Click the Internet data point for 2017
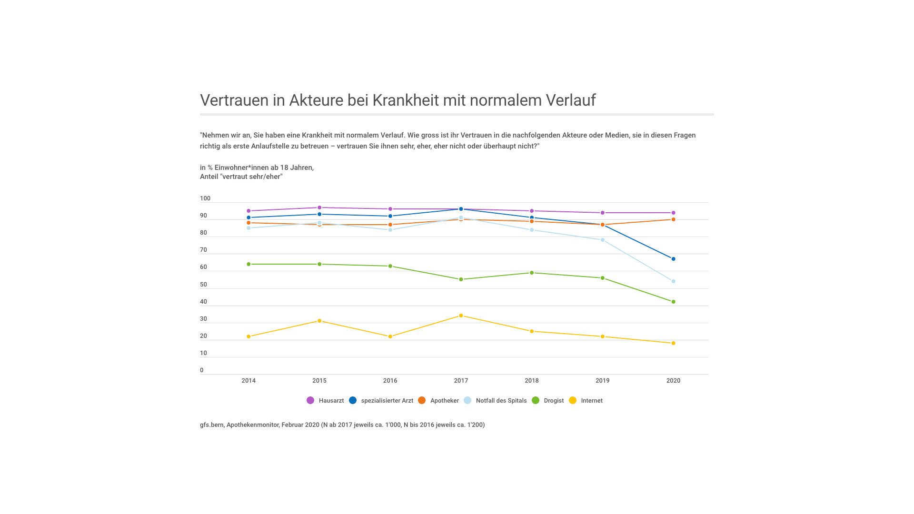pyautogui.click(x=461, y=316)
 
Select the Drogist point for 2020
pyautogui.click(x=673, y=302)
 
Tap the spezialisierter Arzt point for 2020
pyautogui.click(x=673, y=259)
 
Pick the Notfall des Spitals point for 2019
pyautogui.click(x=603, y=240)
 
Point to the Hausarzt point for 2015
pyautogui.click(x=319, y=208)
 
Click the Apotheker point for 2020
pyautogui.click(x=673, y=219)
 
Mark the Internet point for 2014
pyautogui.click(x=248, y=336)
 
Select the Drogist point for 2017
pyautogui.click(x=461, y=279)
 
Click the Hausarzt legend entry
pyautogui.click(x=326, y=401)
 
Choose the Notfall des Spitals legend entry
pyautogui.click(x=496, y=401)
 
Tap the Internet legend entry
pyautogui.click(x=586, y=401)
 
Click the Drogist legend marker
pyautogui.click(x=536, y=400)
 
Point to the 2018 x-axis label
pyautogui.click(x=532, y=381)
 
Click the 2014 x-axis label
pyautogui.click(x=248, y=381)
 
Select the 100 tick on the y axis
pyautogui.click(x=205, y=198)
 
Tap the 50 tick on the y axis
pyautogui.click(x=204, y=285)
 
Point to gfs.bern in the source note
pyautogui.click(x=211, y=425)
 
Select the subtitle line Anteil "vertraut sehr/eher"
pyautogui.click(x=241, y=177)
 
